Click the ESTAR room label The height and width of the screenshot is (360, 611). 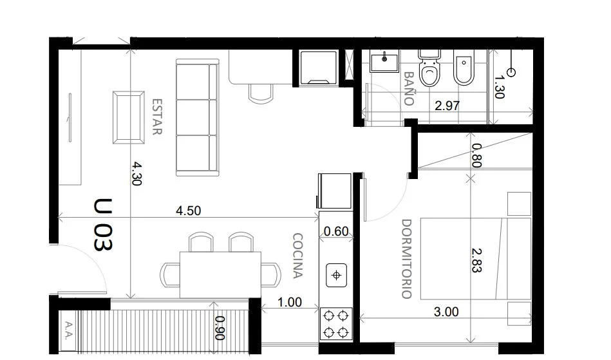point(156,117)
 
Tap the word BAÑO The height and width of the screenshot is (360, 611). point(408,88)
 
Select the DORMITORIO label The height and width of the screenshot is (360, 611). point(406,259)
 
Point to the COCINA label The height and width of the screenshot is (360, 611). point(297,256)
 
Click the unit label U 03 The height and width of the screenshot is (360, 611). point(103,225)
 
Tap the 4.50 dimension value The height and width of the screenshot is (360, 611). point(189,211)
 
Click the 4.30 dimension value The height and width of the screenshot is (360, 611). point(136,173)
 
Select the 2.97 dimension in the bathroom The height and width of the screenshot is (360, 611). point(447,106)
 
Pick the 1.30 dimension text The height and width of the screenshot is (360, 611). point(500,87)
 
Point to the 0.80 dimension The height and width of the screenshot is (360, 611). point(476,155)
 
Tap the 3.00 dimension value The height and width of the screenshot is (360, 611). point(446,312)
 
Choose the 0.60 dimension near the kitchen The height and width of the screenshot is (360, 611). point(336,231)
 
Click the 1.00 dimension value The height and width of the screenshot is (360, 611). point(290,302)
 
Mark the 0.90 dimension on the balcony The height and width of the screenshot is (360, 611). point(220,328)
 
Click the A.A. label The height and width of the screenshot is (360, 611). point(69,330)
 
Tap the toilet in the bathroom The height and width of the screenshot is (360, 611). point(429,68)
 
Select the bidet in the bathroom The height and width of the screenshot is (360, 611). point(464,68)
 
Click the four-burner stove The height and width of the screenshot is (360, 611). point(336,323)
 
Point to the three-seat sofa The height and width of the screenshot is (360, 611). point(197,117)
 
